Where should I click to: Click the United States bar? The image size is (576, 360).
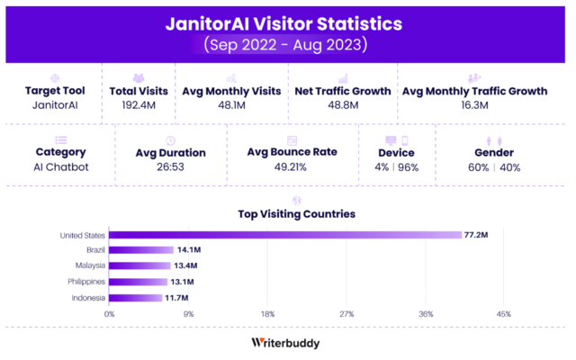[x=285, y=236]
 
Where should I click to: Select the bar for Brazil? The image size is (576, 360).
[x=141, y=250]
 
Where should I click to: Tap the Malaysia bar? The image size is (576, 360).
[x=139, y=265]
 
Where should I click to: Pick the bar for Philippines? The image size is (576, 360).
[x=139, y=282]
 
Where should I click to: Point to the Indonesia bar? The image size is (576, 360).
[x=136, y=297]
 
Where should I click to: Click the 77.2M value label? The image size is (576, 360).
[x=476, y=236]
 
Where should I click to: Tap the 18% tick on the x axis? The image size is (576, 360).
[x=267, y=314]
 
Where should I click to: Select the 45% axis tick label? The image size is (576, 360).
[x=504, y=314]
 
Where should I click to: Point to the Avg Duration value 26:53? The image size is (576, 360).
[x=171, y=167]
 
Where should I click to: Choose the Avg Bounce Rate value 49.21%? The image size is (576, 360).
[x=292, y=166]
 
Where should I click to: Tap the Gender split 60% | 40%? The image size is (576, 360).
[x=493, y=167]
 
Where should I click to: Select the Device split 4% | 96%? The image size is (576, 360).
[x=397, y=167]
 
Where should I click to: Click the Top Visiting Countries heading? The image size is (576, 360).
[x=296, y=214]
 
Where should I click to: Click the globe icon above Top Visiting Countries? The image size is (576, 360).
[x=296, y=200]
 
